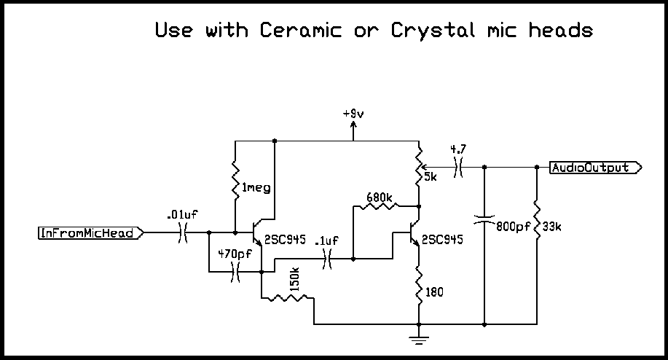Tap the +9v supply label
354,114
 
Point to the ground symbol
419,338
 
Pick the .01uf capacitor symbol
183,233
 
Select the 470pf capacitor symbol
235,273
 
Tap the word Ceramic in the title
299,31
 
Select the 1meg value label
256,188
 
